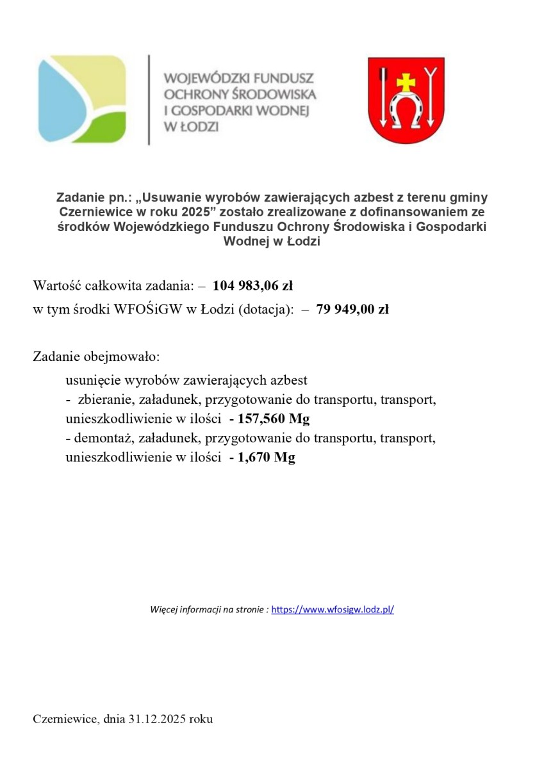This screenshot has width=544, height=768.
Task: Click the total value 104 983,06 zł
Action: coord(252,285)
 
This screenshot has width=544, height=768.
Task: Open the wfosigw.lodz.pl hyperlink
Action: coord(333,610)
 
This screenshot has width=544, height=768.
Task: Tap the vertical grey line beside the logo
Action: coord(149,99)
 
